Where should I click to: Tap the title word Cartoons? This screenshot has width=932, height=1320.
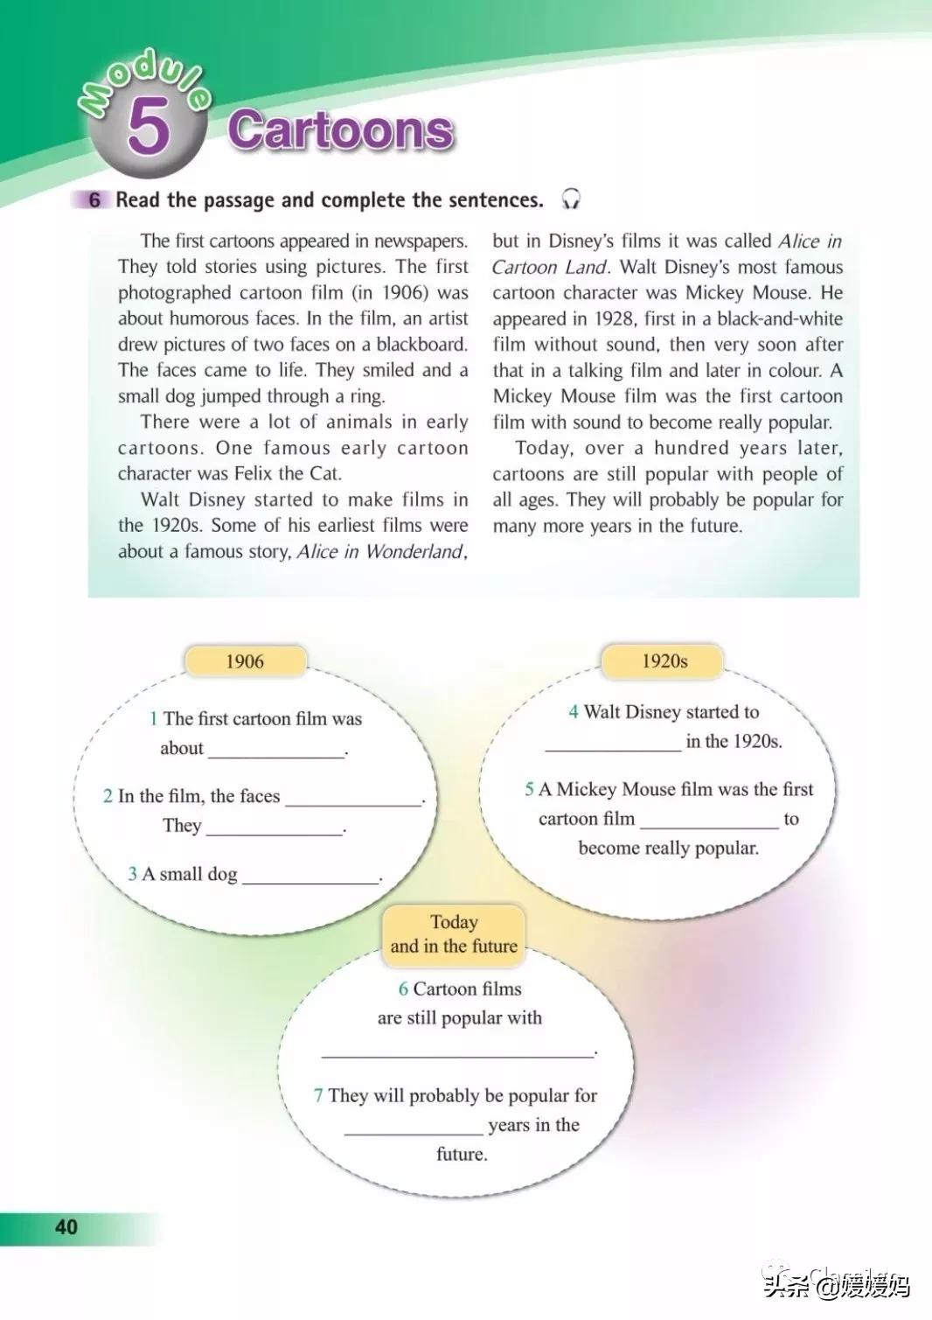pos(340,130)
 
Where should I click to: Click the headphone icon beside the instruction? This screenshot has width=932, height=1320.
pos(571,199)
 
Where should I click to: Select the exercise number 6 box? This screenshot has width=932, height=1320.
pos(94,200)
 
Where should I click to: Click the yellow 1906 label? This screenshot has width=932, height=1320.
pos(245,661)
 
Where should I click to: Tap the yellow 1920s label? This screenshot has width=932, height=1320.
pos(664,661)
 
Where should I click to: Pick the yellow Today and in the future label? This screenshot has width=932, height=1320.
pos(454,934)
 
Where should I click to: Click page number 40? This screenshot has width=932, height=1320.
pos(66,1227)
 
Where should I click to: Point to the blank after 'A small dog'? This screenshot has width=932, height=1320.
pos(310,877)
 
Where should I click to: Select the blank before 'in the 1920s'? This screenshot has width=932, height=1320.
pos(613,744)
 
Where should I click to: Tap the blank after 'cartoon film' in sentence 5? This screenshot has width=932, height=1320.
pos(709,821)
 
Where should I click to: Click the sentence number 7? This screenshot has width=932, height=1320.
pos(319,1096)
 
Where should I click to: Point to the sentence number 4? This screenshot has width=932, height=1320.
pos(574,712)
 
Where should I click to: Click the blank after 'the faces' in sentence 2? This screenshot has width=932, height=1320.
pos(353,799)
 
